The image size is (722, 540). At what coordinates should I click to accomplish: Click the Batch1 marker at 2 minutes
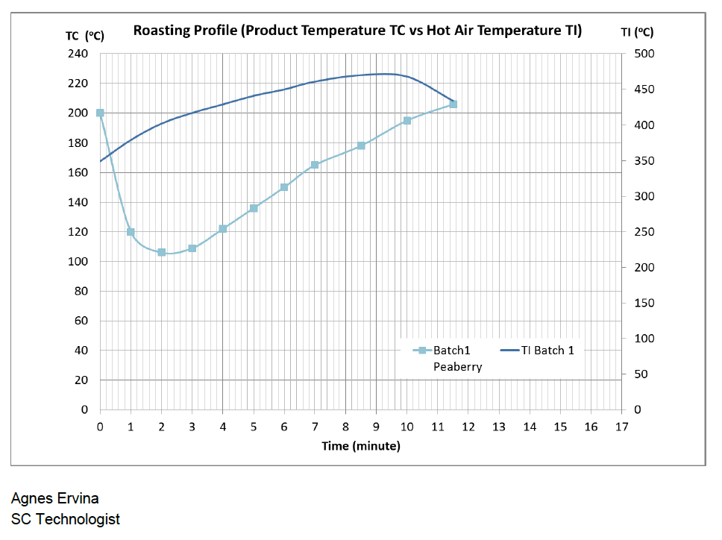click(x=161, y=252)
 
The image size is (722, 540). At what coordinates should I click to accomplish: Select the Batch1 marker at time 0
click(x=100, y=113)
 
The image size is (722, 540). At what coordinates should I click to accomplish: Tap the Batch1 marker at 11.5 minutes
click(x=453, y=104)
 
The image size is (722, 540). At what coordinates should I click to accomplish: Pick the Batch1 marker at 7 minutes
click(x=315, y=164)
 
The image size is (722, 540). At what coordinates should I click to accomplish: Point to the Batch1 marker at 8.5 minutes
click(x=361, y=145)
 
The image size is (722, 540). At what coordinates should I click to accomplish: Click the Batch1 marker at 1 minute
click(x=131, y=232)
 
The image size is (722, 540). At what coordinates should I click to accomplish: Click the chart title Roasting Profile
click(x=357, y=31)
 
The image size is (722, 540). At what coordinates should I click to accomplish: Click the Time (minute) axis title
click(x=361, y=446)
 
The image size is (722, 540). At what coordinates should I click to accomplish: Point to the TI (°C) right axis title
click(x=637, y=32)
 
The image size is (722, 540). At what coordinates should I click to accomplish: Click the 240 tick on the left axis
click(x=79, y=54)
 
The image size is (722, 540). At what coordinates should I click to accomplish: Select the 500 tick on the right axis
click(x=644, y=54)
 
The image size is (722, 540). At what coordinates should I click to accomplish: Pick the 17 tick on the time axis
click(x=622, y=427)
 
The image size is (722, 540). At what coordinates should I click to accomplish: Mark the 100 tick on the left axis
click(x=79, y=262)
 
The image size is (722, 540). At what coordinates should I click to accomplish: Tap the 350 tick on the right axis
click(x=644, y=160)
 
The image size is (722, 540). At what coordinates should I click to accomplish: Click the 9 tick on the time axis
click(x=376, y=427)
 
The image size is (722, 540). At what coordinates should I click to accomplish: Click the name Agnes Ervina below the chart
click(x=54, y=498)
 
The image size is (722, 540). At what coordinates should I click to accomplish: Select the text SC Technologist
click(x=66, y=519)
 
